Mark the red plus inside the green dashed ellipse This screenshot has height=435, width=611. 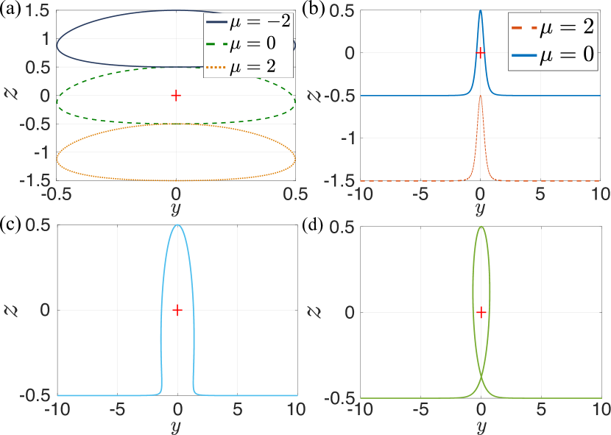point(175,96)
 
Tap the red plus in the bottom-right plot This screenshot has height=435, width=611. point(481,312)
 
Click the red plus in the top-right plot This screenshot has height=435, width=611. point(480,52)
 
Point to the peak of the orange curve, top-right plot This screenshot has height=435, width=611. point(480,96)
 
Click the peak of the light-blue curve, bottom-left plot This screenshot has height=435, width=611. point(177,225)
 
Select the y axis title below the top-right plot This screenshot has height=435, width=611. point(480,210)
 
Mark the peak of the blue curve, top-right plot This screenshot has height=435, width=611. point(480,10)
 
